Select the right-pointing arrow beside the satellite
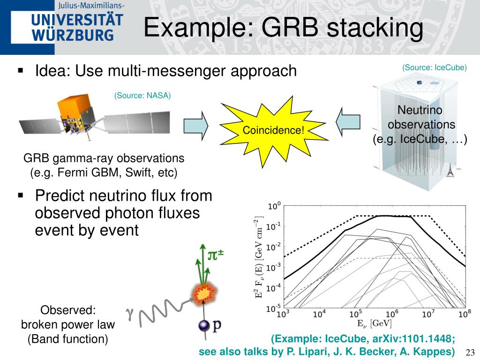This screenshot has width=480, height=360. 195,126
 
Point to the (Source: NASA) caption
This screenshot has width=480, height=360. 142,96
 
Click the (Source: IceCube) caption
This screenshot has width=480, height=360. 434,67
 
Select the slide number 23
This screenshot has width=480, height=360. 470,352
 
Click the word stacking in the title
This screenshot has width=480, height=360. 375,27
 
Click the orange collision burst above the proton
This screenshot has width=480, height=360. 203,294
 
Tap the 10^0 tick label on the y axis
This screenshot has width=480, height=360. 274,206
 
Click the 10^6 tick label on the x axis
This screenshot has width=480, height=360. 392,314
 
